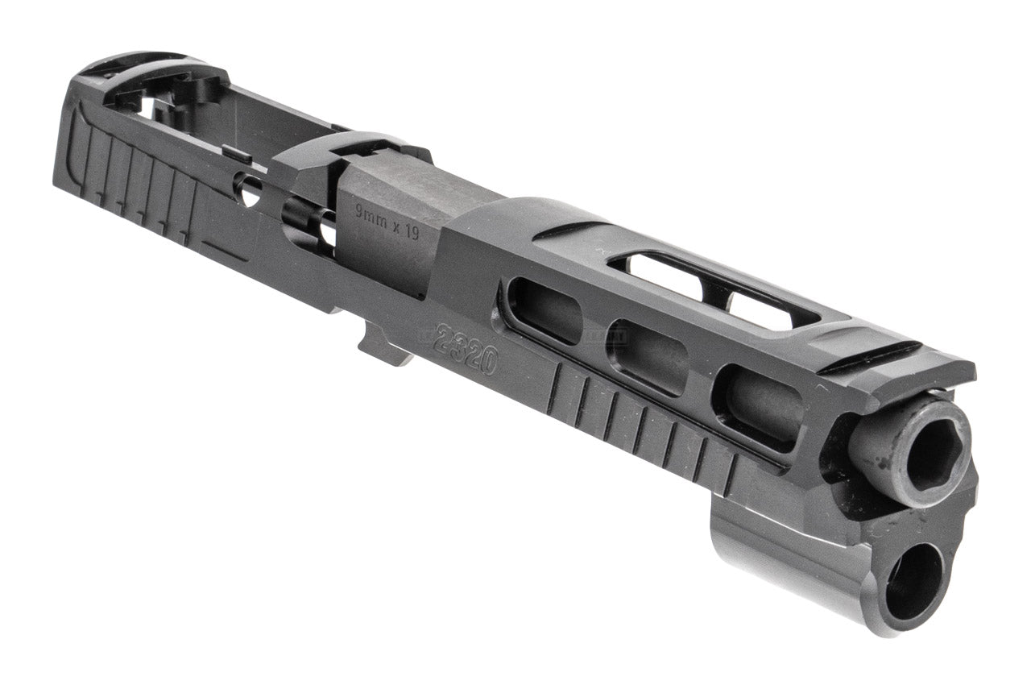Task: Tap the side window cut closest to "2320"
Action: click(x=547, y=309)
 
